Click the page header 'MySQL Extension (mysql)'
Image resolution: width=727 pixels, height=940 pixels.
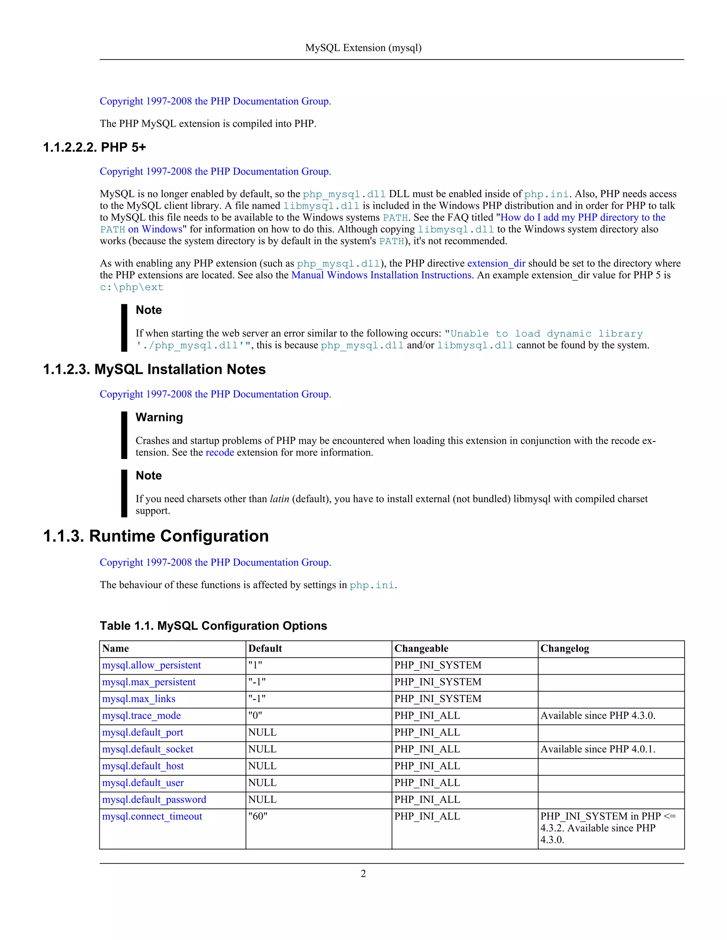pyautogui.click(x=363, y=48)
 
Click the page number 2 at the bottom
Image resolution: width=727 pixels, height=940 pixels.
pyautogui.click(x=363, y=873)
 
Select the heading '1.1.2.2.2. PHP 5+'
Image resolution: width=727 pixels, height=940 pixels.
pyautogui.click(x=94, y=147)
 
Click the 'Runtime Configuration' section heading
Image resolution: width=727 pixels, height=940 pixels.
pyautogui.click(x=156, y=536)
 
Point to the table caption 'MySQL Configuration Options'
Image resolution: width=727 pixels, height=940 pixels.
pyautogui.click(x=213, y=625)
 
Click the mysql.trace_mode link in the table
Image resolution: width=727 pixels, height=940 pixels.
pyautogui.click(x=141, y=715)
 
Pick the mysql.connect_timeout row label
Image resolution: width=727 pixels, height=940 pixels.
pyautogui.click(x=152, y=816)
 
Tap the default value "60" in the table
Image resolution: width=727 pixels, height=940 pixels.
pyautogui.click(x=258, y=816)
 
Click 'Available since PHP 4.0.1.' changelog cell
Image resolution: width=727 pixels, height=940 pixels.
pyautogui.click(x=597, y=749)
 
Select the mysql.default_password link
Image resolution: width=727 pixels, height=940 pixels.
pyautogui.click(x=154, y=799)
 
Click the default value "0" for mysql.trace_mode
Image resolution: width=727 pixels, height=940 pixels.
pyautogui.click(x=255, y=715)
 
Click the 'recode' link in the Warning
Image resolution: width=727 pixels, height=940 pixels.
pyautogui.click(x=220, y=452)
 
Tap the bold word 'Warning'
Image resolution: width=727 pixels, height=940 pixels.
pyautogui.click(x=159, y=417)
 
